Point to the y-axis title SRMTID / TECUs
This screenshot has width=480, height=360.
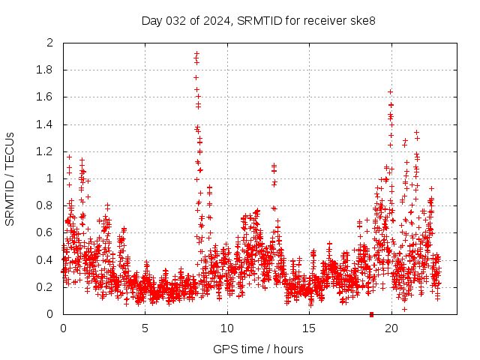pyautogui.click(x=10, y=178)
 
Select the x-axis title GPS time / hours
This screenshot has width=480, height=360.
pyautogui.click(x=258, y=349)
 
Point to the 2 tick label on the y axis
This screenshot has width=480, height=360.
pyautogui.click(x=50, y=43)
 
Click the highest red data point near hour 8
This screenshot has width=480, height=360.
pyautogui.click(x=196, y=53)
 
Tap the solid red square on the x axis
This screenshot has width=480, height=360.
pyautogui.click(x=371, y=313)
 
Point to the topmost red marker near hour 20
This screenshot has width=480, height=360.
pyautogui.click(x=391, y=91)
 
